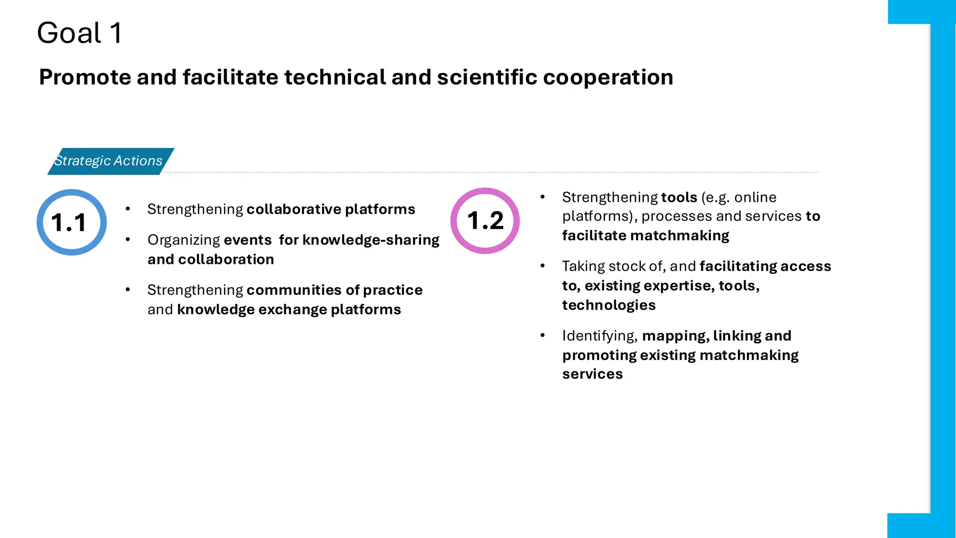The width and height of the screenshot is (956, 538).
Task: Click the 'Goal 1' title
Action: [79, 33]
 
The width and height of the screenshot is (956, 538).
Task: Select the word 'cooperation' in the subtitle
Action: [608, 78]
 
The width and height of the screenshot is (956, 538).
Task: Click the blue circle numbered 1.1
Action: [71, 222]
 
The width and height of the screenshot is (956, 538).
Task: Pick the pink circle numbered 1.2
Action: [485, 221]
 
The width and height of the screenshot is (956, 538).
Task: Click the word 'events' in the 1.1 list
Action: [247, 240]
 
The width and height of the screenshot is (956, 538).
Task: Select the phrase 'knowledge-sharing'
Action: [371, 240]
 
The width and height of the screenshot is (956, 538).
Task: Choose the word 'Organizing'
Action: [183, 240]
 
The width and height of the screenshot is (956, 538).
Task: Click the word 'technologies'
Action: [609, 305]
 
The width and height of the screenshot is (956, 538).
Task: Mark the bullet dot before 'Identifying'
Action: [542, 335]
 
